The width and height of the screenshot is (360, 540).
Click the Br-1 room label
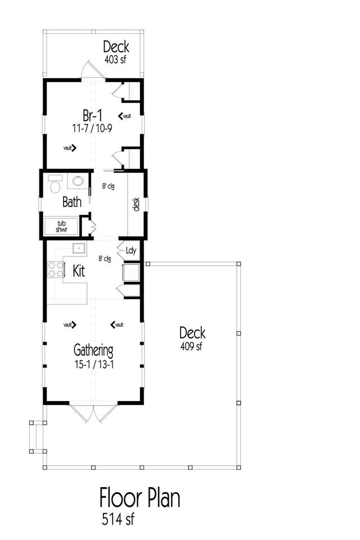coord(92,115)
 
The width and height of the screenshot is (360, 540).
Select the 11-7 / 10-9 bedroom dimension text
coord(92,128)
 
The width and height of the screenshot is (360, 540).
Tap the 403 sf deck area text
coord(115,60)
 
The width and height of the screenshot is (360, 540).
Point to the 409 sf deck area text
coord(191,346)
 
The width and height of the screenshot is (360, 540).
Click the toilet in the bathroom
coord(55,184)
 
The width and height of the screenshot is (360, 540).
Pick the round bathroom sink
coord(78,180)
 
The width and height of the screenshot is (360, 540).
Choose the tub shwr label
coord(61,226)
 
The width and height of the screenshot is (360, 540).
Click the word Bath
coord(72,202)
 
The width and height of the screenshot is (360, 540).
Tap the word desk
coord(136,204)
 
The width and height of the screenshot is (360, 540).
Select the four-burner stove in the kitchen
coord(55,269)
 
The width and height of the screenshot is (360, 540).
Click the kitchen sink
coord(79,248)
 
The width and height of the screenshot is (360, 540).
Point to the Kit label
coord(79,271)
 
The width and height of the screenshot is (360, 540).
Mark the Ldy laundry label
coord(131,251)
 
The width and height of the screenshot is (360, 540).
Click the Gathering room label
coord(93,350)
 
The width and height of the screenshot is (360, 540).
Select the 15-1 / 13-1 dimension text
coord(94,364)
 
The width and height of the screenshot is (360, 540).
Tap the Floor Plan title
coord(140,498)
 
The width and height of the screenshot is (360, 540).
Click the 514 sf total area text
coord(118,519)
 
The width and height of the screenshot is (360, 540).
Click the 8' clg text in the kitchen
coord(105,259)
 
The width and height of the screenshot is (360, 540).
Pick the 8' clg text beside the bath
coord(108,186)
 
